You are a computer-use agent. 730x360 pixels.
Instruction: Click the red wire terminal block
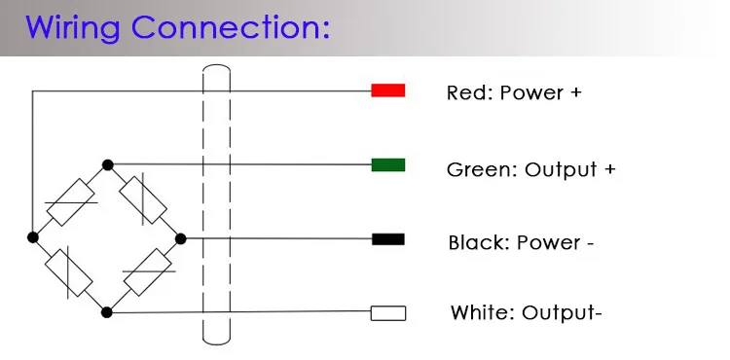click(387, 90)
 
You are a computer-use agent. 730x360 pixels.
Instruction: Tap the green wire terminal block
click(387, 164)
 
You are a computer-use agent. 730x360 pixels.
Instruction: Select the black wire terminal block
click(387, 239)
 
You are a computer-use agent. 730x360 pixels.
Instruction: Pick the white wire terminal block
click(387, 313)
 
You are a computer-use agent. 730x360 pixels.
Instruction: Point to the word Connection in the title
click(231, 27)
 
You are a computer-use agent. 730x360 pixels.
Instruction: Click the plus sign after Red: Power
click(576, 92)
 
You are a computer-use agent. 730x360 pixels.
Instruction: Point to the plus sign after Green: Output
click(609, 169)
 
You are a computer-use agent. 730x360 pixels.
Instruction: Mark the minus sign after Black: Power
click(590, 243)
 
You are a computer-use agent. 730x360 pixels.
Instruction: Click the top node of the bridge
click(107, 164)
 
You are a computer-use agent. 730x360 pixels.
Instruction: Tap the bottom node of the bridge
click(107, 312)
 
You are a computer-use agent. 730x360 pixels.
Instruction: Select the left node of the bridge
click(32, 237)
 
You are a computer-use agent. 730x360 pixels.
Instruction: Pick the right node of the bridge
click(181, 239)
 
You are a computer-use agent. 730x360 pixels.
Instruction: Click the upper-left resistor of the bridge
click(71, 202)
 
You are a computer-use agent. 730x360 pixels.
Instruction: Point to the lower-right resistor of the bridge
click(148, 272)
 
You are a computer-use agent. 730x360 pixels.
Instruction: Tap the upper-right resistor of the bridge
click(143, 200)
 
